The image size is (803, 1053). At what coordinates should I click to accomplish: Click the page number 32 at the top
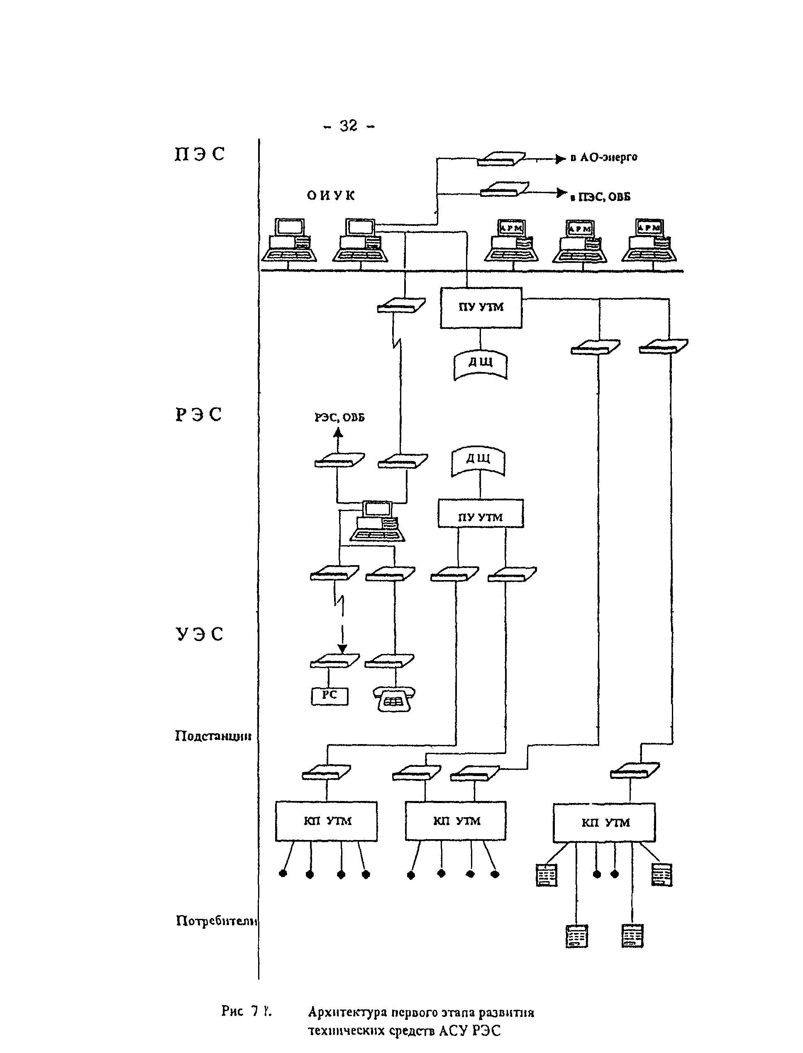point(349,126)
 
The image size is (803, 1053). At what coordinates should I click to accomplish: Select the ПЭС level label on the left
point(199,154)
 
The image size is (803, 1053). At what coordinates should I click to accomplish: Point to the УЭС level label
point(199,634)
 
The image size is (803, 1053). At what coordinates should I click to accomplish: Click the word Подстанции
point(213,735)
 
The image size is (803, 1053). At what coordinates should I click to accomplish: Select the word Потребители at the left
point(217,921)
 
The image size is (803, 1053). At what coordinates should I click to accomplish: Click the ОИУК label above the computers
point(331,195)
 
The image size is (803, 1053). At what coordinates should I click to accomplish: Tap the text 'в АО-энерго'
point(604,157)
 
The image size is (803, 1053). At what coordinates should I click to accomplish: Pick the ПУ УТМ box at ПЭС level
point(481,308)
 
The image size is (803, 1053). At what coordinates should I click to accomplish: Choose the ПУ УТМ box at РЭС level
point(481,514)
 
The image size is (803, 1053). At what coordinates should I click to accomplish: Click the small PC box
point(329,696)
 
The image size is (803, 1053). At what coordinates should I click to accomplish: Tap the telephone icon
point(394,699)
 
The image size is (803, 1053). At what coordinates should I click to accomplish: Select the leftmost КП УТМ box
point(327,821)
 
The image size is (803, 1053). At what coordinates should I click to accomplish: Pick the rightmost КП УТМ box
point(604,823)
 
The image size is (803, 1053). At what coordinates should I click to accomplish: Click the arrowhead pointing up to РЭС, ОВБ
point(338,433)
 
